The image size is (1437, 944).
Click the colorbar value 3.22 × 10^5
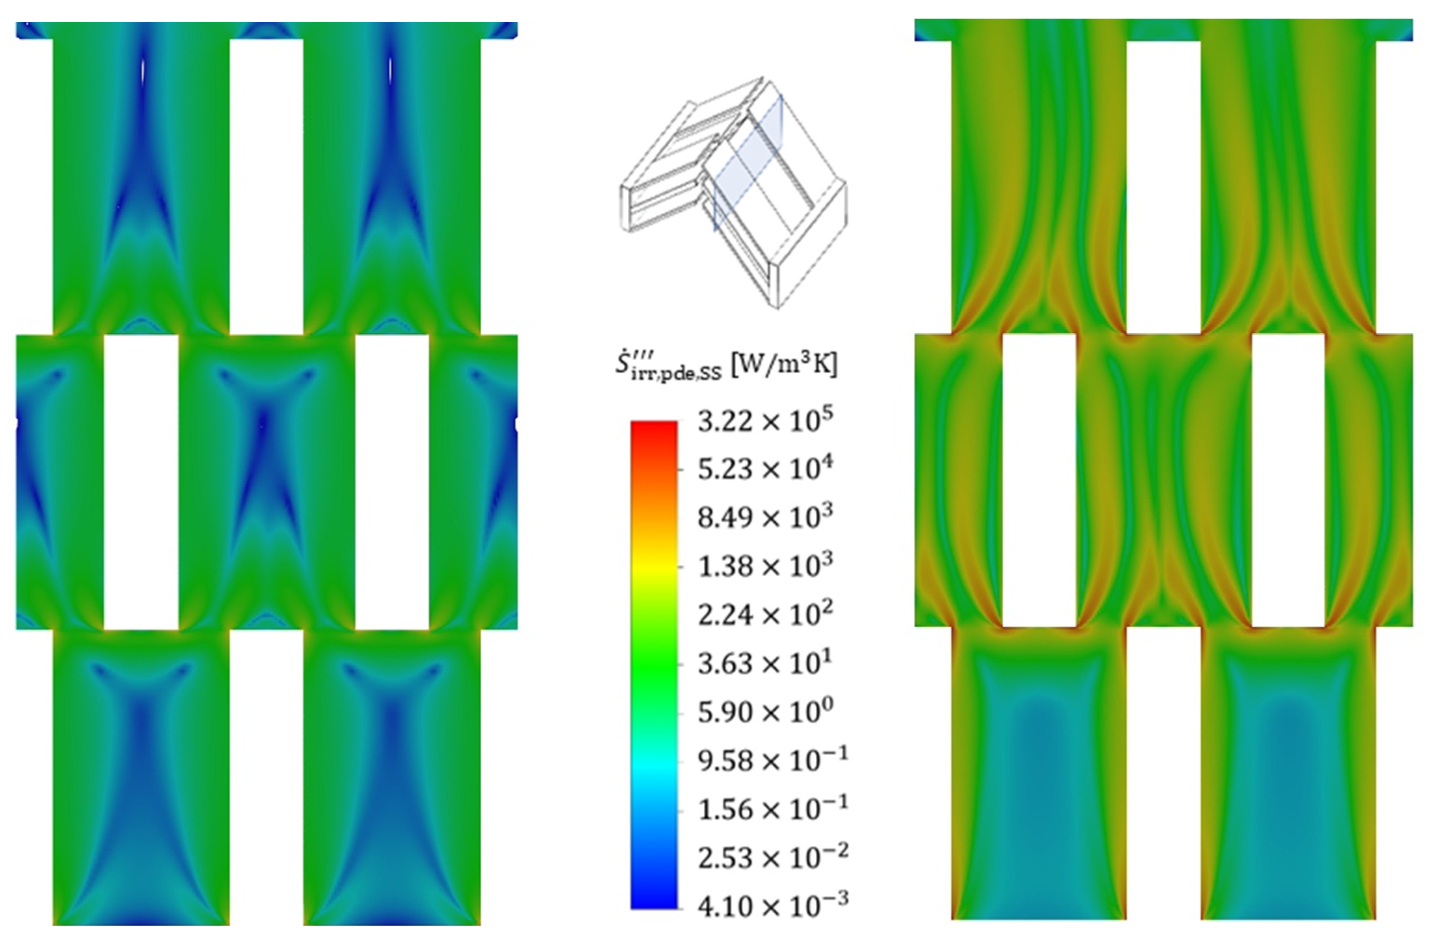pos(765,420)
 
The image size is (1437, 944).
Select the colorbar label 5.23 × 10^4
pos(765,469)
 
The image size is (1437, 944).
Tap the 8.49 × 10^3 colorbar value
pos(765,518)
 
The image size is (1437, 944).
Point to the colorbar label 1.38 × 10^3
pos(765,566)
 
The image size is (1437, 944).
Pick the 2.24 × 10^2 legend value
pos(765,615)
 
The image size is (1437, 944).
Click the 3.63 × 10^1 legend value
pos(765,663)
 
